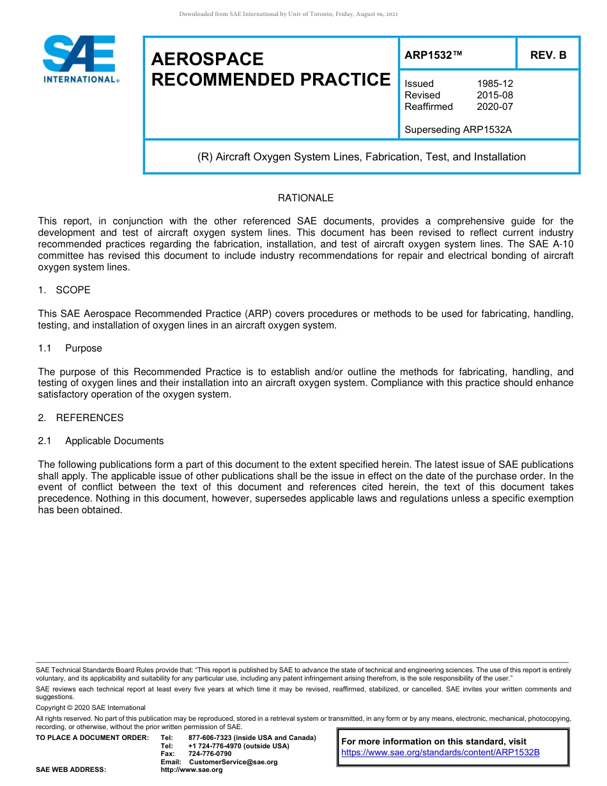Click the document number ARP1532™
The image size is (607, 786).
tap(433, 55)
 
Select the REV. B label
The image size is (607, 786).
tap(548, 55)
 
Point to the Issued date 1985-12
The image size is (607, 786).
tap(495, 84)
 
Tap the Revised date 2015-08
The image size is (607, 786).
tap(495, 95)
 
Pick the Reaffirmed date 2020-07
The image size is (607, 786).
tap(495, 107)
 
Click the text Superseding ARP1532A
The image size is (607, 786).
tap(458, 130)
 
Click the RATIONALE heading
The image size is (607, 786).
tap(305, 198)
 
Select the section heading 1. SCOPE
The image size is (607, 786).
tap(64, 290)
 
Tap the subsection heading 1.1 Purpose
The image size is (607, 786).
tap(70, 348)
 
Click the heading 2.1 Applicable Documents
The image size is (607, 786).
tap(101, 441)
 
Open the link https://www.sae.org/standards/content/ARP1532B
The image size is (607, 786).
tap(440, 752)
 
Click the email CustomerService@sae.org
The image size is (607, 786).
tap(233, 762)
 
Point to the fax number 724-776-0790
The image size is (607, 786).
tap(210, 754)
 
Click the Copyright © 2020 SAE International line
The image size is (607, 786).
tap(91, 707)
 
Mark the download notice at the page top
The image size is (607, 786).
tap(288, 14)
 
